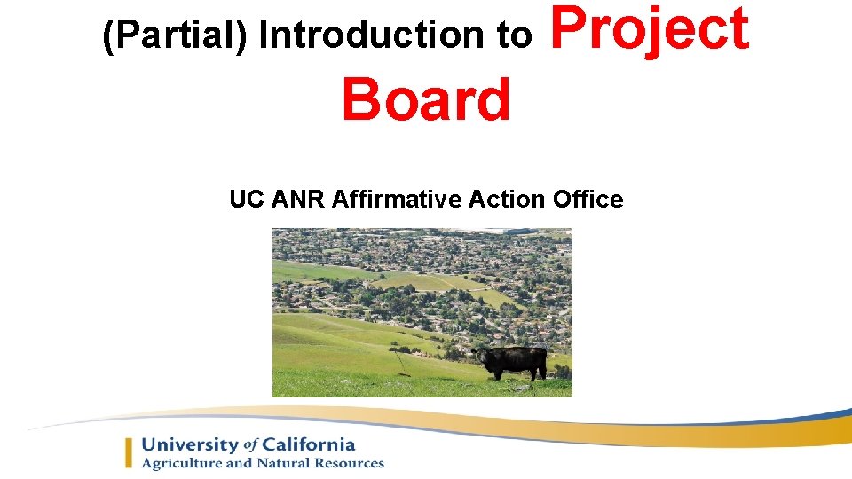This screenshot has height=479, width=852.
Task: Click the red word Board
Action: tap(426, 99)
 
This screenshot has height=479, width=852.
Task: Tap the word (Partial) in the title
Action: tap(176, 36)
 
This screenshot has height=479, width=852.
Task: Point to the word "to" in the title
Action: tap(515, 36)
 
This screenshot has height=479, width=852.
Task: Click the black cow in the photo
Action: tap(514, 362)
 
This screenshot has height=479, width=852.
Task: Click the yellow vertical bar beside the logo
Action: tap(130, 452)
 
